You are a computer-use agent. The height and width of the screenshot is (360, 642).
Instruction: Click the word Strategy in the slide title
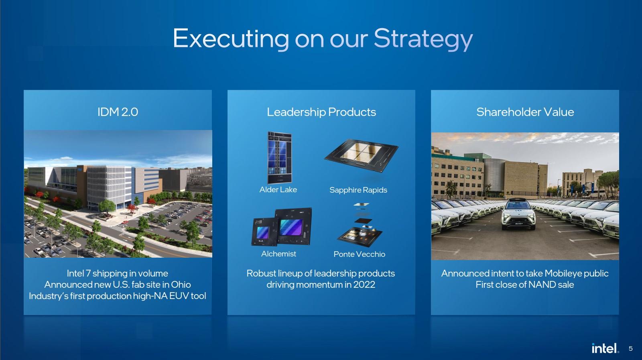[423, 39]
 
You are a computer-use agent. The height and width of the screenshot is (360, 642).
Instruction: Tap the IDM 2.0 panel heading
[118, 112]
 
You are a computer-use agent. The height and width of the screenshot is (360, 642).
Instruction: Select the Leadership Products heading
[321, 112]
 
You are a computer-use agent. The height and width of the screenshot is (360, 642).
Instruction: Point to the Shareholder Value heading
[525, 112]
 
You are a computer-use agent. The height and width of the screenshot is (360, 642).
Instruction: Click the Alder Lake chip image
[279, 157]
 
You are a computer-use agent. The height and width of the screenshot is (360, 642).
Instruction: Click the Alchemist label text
[278, 254]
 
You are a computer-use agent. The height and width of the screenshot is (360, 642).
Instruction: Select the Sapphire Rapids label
[358, 190]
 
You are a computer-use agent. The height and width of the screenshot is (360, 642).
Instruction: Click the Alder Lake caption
[278, 189]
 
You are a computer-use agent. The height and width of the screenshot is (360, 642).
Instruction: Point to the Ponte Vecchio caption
[359, 254]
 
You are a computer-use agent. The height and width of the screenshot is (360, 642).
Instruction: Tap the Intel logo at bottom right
[605, 348]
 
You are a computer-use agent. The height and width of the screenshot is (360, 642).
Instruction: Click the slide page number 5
[630, 348]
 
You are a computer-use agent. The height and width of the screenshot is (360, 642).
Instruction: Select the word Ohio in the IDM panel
[181, 285]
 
